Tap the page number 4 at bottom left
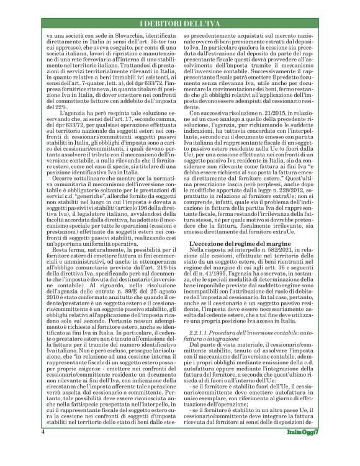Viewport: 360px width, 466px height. click(x=43, y=448)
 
